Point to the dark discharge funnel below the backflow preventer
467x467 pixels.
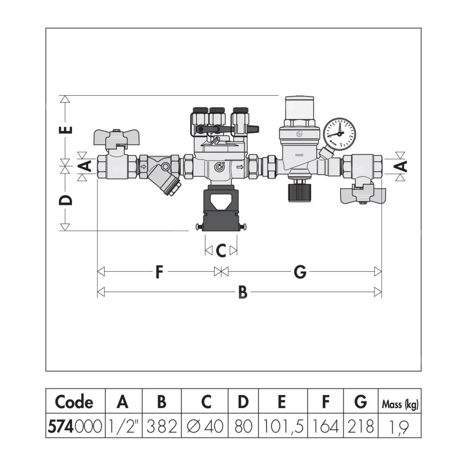[x=220, y=208]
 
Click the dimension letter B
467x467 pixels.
[x=243, y=292]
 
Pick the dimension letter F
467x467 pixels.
[x=159, y=272]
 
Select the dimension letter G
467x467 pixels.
[x=300, y=272]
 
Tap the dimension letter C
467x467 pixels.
[x=221, y=251]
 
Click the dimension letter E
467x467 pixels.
[x=68, y=130]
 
